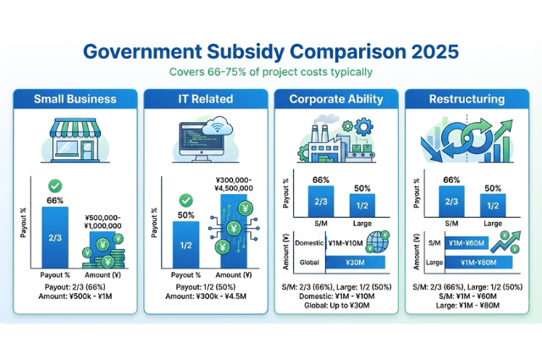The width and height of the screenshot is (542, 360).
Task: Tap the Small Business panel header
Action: (x=75, y=98)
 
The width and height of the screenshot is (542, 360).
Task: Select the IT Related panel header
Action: (x=204, y=98)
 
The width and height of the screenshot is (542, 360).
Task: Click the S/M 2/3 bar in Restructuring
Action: (x=451, y=202)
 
